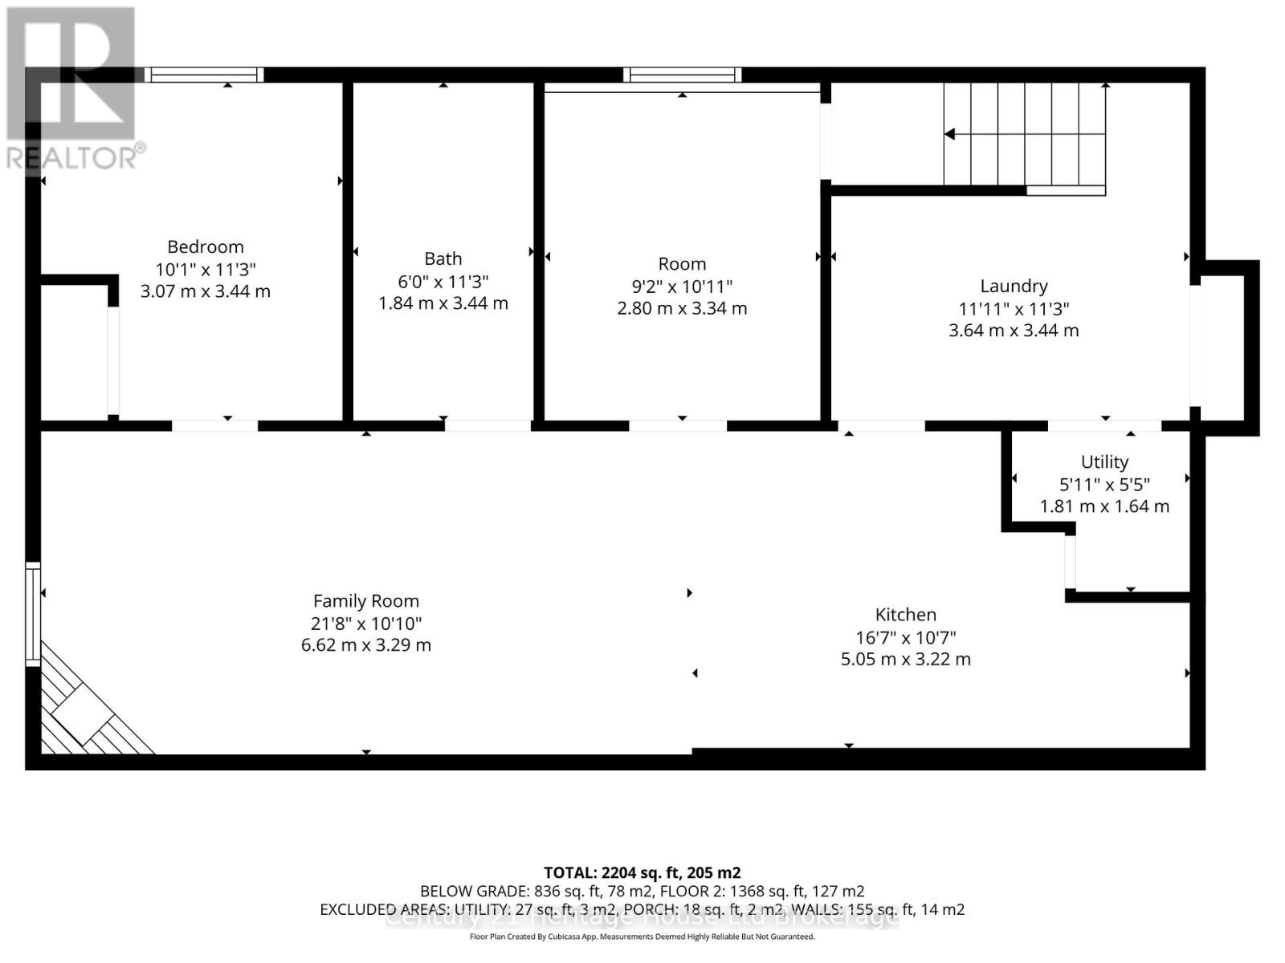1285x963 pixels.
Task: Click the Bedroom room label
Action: coord(205,246)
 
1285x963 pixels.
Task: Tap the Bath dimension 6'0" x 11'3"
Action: coord(443,282)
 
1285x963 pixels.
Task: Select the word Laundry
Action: coord(1014,286)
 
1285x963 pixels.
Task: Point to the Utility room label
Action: coord(1104,461)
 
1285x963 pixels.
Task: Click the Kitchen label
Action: coord(905,615)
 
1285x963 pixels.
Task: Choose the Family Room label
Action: coord(365,601)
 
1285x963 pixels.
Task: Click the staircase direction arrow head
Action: coord(950,134)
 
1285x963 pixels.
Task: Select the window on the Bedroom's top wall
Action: coord(204,75)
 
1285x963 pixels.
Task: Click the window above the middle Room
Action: coord(682,75)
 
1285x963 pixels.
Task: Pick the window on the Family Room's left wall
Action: coord(33,614)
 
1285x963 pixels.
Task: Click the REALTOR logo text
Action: coord(76,157)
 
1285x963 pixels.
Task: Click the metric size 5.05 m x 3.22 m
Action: coord(905,659)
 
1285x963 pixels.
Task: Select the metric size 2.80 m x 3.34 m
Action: coord(682,308)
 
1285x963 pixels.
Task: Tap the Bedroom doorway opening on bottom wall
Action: coord(214,425)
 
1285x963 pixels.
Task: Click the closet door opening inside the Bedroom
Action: coord(113,361)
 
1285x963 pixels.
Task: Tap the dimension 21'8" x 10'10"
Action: coord(365,623)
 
